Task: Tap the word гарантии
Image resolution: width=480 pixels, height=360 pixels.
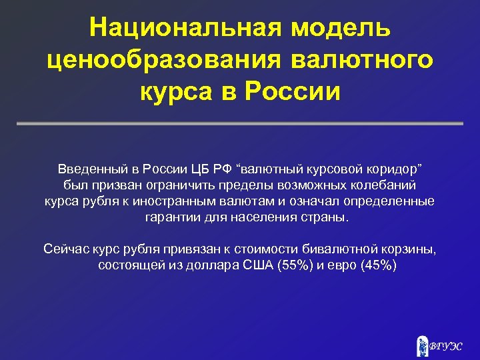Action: click(171, 218)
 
